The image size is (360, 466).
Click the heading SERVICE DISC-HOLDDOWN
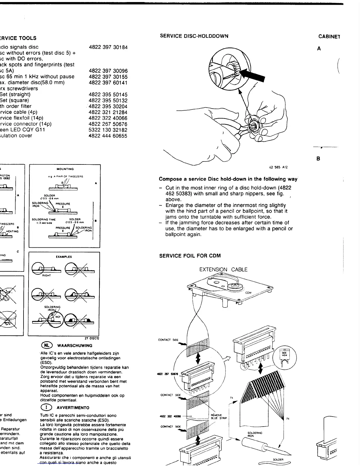click(x=194, y=36)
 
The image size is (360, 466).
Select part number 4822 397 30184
click(x=108, y=47)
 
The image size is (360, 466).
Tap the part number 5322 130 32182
click(x=108, y=130)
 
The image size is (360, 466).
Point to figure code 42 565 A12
click(x=278, y=167)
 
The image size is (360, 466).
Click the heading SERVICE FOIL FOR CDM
click(x=190, y=256)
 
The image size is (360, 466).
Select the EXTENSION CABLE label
click(x=223, y=269)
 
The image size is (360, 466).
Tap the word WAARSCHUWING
click(x=74, y=346)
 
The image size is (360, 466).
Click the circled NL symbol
click(x=47, y=345)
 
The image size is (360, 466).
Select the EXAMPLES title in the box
click(x=64, y=257)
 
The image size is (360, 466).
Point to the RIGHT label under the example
click(x=46, y=276)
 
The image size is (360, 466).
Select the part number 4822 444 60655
click(x=108, y=136)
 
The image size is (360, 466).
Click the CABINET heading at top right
click(x=329, y=37)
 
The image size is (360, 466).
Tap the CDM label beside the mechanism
click(x=248, y=292)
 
